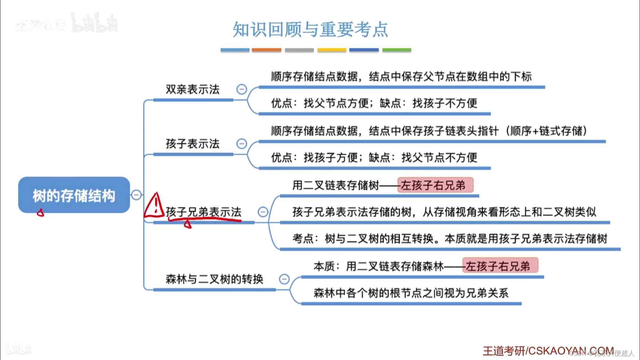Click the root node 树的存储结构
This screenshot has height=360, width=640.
74,195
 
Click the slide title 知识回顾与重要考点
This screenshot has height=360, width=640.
310,29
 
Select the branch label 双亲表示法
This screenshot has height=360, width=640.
192,90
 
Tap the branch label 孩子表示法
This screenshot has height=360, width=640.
192,144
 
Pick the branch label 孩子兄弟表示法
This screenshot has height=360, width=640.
203,212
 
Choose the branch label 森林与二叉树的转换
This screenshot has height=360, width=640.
214,279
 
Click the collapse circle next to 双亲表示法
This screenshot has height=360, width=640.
242,90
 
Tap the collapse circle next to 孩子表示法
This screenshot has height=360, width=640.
242,144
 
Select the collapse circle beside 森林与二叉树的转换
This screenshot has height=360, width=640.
284,279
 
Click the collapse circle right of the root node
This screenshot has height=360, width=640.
136,195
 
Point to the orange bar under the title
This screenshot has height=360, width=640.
266,50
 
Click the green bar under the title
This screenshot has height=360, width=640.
397,50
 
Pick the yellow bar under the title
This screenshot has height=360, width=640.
332,50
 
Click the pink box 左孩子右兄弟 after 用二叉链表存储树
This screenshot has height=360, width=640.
435,185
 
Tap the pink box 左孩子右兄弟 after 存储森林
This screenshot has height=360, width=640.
500,266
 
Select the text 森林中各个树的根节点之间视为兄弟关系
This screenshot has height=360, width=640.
411,293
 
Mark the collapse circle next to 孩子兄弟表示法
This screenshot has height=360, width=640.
263,212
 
